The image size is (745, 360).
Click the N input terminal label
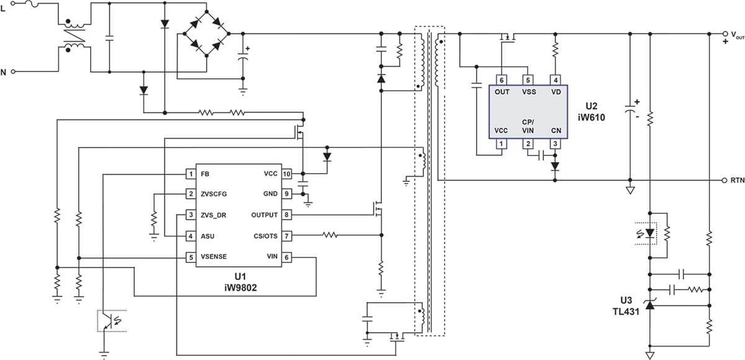[x=3, y=72]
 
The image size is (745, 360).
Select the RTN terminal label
[x=737, y=181]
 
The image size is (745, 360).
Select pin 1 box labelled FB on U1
[x=191, y=174]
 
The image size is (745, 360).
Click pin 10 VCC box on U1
[x=286, y=174]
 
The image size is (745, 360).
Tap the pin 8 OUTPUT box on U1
[x=286, y=215]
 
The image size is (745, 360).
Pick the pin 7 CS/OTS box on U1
[x=286, y=236]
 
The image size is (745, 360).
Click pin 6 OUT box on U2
[x=502, y=80]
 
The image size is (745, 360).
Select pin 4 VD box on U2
[x=555, y=80]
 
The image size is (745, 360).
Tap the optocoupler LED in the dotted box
[x=649, y=233]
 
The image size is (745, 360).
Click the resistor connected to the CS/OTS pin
[x=330, y=235]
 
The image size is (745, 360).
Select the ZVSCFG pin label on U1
[x=214, y=194]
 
